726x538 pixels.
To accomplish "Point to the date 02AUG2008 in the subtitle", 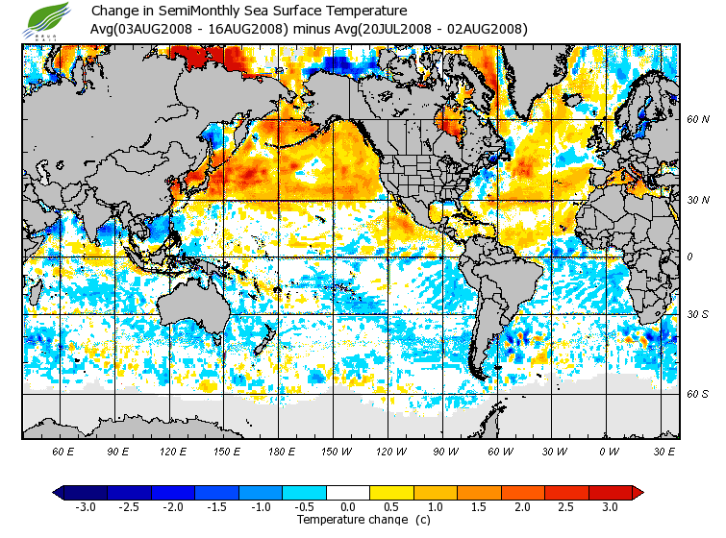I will click(486, 29).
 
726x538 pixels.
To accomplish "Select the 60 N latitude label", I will click(697, 121).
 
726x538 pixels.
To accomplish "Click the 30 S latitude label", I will click(697, 315).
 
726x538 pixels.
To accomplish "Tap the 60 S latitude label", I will click(697, 394).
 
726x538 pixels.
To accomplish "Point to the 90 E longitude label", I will click(118, 452).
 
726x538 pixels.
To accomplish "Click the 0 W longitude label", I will click(608, 452).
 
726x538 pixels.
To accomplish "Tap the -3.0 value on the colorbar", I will click(86, 507).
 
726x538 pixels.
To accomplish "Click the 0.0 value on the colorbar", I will click(348, 507).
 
